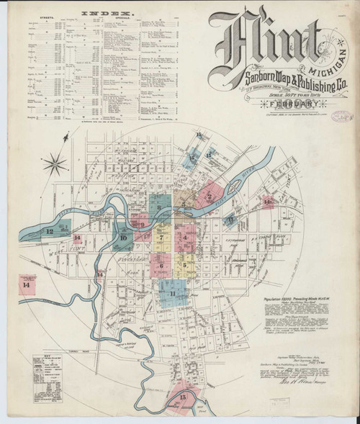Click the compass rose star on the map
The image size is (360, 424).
tap(54, 165)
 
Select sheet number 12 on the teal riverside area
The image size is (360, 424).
tap(49, 231)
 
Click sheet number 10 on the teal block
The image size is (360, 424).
tap(123, 238)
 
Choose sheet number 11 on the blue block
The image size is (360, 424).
tap(172, 294)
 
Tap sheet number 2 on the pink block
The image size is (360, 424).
tap(209, 195)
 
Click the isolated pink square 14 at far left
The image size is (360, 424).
tap(27, 285)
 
